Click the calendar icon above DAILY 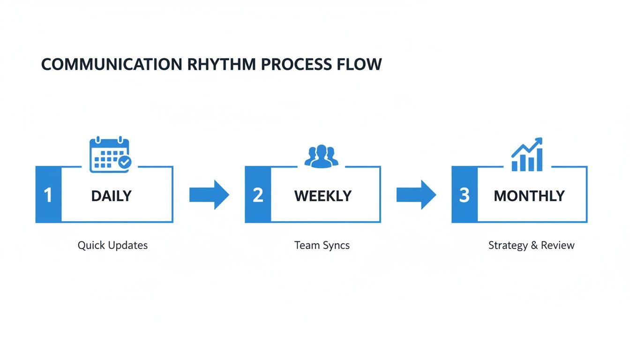[109, 154]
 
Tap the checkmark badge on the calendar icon [125, 162]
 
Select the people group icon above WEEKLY [322, 156]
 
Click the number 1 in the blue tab [48, 195]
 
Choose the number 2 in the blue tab [258, 195]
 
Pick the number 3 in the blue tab [464, 195]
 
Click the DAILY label [112, 195]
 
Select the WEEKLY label [323, 195]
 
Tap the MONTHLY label [529, 195]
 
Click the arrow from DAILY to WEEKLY [210, 195]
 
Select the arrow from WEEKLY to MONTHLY [416, 195]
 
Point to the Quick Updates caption [112, 245]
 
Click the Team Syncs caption [322, 245]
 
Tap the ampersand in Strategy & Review [533, 245]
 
